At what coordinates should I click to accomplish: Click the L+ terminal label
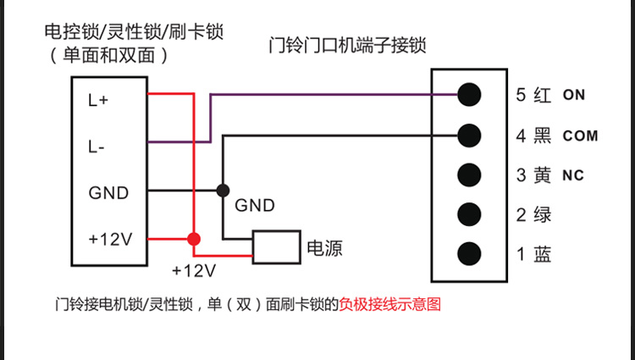pyautogui.click(x=98, y=100)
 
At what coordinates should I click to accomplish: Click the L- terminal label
pyautogui.click(x=97, y=147)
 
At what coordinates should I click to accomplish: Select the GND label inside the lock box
pyautogui.click(x=108, y=192)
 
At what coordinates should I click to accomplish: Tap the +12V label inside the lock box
pyautogui.click(x=110, y=238)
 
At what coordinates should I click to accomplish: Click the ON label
pyautogui.click(x=574, y=95)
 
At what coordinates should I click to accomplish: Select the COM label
pyautogui.click(x=580, y=136)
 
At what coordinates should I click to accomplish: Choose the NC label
pyautogui.click(x=573, y=176)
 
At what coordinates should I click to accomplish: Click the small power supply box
pyautogui.click(x=276, y=246)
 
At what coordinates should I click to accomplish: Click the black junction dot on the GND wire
pyautogui.click(x=223, y=191)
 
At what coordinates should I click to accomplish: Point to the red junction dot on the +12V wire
pyautogui.click(x=195, y=238)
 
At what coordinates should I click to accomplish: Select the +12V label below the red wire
pyautogui.click(x=194, y=272)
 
